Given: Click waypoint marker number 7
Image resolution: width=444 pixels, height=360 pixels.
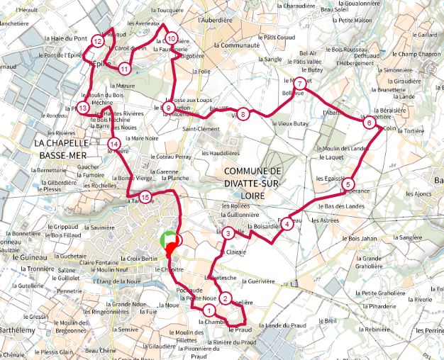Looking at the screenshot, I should pos(300,84).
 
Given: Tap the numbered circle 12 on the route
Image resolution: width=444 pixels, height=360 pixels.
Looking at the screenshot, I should pos(98,43).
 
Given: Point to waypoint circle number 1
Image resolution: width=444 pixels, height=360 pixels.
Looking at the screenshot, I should pos(209,310).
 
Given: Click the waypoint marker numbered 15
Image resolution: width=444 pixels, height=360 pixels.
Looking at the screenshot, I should pos(145,197).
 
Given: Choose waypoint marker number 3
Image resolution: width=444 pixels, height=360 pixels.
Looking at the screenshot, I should pos(228,233).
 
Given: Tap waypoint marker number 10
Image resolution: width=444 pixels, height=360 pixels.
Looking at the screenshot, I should pos(170,38).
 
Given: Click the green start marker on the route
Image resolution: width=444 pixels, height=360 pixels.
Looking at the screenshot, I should pos(167,238).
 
